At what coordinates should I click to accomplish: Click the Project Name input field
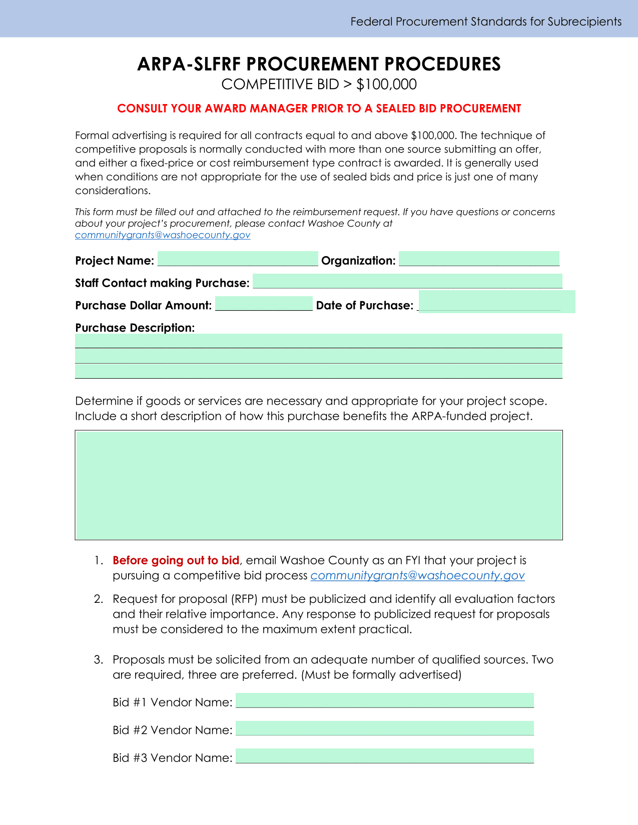pos(238,259)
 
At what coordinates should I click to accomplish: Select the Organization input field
pos(479,259)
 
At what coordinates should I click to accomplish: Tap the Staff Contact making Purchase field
pos(407,282)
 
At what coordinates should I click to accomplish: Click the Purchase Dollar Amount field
pos(264,304)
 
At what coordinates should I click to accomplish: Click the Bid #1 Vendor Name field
pos(384,700)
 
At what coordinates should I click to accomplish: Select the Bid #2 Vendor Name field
pos(384,728)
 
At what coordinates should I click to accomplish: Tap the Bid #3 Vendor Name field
pos(384,756)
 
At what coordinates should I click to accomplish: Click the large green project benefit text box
pos(319,485)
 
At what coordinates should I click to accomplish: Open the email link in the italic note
pos(163,235)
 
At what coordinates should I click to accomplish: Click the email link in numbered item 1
pos(417,576)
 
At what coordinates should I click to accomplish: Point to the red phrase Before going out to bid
pos(176,560)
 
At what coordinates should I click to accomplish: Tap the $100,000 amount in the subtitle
pos(386,85)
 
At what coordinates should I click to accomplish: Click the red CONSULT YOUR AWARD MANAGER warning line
pos(319,109)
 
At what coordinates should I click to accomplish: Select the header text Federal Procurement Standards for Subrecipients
pos(486,22)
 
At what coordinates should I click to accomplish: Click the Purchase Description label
pos(135,328)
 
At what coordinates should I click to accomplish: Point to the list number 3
pos(98,660)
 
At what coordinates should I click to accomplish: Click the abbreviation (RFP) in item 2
pos(245,599)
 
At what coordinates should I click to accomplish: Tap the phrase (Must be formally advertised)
pos(381,675)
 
